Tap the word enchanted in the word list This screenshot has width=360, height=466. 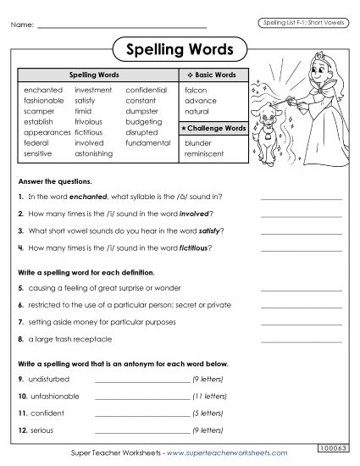tap(43, 89)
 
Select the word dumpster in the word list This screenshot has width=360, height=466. tap(142, 111)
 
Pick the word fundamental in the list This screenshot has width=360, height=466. tap(148, 144)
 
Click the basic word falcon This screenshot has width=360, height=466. tap(195, 89)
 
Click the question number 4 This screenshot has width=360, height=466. tap(19, 247)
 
